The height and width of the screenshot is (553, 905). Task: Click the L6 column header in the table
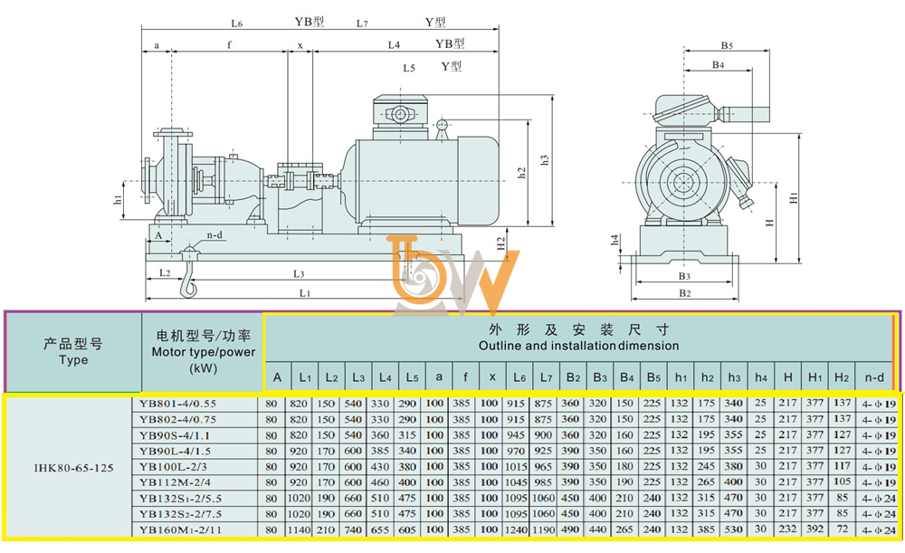click(519, 377)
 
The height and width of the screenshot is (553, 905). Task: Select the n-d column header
click(874, 377)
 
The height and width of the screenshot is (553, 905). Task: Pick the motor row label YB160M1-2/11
click(180, 529)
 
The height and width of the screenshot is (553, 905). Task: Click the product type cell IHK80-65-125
click(73, 468)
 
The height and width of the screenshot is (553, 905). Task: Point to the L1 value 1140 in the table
click(299, 529)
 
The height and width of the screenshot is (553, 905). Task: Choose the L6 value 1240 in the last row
click(516, 529)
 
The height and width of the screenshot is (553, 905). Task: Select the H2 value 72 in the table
click(843, 529)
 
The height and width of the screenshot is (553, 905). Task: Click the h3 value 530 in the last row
click(733, 529)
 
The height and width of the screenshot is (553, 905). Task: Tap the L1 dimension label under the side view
click(305, 293)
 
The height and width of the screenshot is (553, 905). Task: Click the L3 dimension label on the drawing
click(299, 274)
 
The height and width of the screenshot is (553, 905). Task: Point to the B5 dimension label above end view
click(727, 45)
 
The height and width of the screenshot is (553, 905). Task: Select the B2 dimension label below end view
click(684, 293)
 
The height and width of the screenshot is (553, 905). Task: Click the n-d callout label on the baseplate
click(214, 235)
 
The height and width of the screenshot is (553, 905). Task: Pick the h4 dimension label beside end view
click(615, 240)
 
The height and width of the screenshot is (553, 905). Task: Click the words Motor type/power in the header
click(203, 351)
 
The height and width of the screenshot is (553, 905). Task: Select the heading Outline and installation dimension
click(578, 346)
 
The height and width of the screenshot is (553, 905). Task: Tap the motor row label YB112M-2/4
click(175, 482)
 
